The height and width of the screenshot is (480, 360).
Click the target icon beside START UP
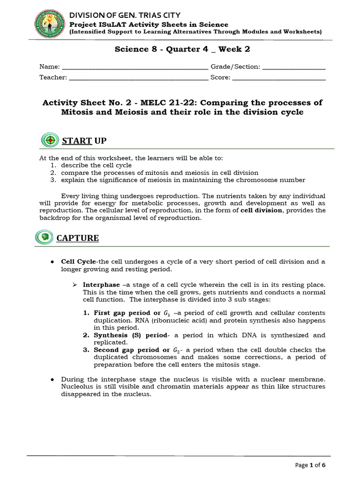click(50, 140)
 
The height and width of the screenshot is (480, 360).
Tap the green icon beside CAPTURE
click(44, 237)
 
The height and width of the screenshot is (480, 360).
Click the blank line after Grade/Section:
click(294, 67)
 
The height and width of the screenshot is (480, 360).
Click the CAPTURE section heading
click(77, 238)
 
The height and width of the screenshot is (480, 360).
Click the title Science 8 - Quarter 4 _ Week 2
click(180, 49)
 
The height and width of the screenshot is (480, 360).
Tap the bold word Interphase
click(101, 285)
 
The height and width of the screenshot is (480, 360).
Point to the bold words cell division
click(262, 210)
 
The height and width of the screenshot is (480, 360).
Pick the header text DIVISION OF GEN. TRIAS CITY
click(125, 15)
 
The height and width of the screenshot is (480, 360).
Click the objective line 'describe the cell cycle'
click(95, 165)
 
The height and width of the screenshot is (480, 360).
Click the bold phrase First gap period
click(122, 313)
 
